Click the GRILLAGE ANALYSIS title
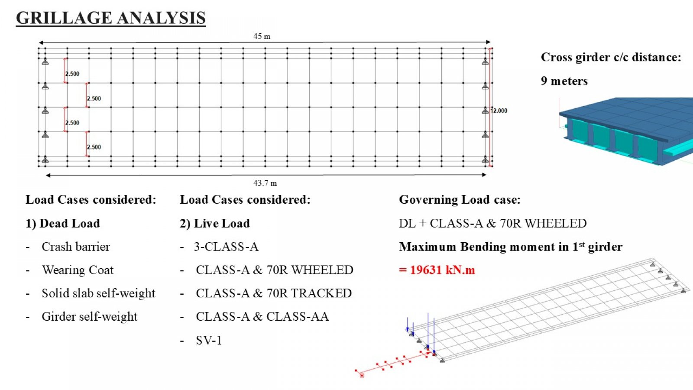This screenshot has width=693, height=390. click(111, 18)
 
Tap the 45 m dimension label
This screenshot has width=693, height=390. click(262, 36)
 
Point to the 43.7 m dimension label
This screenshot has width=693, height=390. click(265, 183)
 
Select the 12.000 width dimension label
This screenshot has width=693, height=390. click(499, 110)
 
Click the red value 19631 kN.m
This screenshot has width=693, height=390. click(437, 270)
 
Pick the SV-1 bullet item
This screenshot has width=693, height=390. click(209, 341)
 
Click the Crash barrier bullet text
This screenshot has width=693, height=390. click(76, 247)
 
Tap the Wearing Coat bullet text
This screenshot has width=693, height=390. click(78, 270)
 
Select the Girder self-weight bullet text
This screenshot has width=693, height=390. click(89, 317)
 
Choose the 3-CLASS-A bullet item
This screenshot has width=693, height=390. click(226, 247)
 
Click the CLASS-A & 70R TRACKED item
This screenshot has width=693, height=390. click(274, 293)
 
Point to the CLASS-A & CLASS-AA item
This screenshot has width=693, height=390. click(262, 316)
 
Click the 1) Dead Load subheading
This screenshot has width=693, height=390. click(63, 223)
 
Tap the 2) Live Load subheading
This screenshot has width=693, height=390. click(215, 223)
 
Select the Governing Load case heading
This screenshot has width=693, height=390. click(460, 200)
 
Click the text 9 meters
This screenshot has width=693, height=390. click(564, 81)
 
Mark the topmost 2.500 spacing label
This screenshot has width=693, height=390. click(72, 74)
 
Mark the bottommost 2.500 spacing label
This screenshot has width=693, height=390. click(94, 147)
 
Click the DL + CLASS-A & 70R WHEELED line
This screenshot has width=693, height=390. click(492, 223)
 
